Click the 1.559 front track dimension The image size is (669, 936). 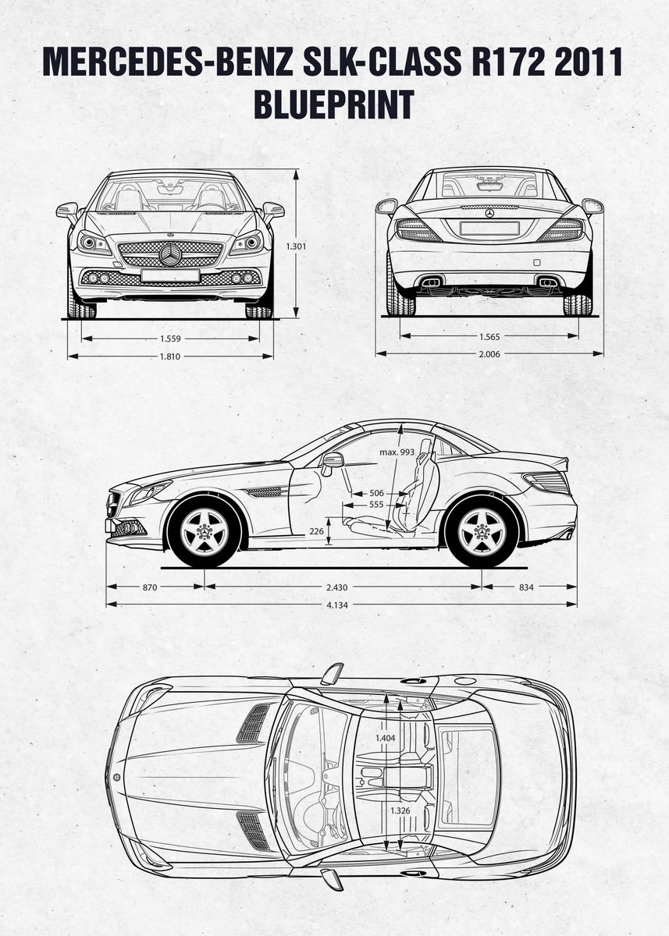pyautogui.click(x=170, y=339)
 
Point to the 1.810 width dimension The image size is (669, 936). pyautogui.click(x=170, y=356)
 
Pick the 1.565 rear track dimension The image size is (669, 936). pyautogui.click(x=489, y=337)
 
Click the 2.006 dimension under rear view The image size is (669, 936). pyautogui.click(x=489, y=354)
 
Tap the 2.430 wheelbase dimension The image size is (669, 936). pyautogui.click(x=343, y=587)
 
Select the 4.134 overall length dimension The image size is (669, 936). pyautogui.click(x=342, y=604)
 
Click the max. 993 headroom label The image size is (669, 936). pyautogui.click(x=397, y=452)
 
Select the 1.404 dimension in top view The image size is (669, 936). pyautogui.click(x=386, y=737)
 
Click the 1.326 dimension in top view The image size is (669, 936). pyautogui.click(x=386, y=810)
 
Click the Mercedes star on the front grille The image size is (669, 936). pyautogui.click(x=170, y=254)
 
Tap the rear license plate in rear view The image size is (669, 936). pyautogui.click(x=489, y=228)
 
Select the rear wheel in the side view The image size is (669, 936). pyautogui.click(x=481, y=532)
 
